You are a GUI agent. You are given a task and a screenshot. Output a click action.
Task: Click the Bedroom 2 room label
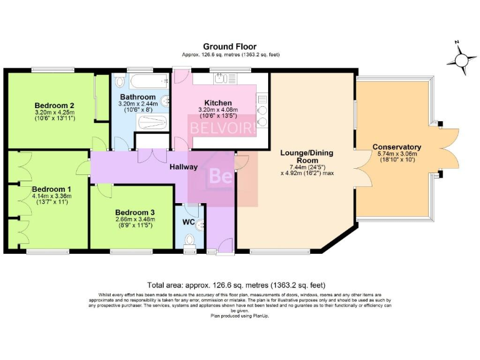(55, 105)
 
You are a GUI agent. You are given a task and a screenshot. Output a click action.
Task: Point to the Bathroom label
(138, 97)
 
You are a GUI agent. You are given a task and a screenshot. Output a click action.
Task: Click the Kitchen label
(218, 102)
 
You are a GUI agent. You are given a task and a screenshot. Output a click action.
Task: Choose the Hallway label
(184, 167)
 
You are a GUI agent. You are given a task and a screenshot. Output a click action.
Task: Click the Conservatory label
(397, 147)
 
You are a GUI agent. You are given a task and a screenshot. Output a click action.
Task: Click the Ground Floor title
(229, 47)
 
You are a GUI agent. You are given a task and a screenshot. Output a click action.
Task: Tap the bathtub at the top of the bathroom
(142, 81)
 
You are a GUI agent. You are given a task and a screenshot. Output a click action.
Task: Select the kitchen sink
(221, 79)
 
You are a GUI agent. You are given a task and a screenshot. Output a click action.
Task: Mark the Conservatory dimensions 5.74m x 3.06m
(397, 154)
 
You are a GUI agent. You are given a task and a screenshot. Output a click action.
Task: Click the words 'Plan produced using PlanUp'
(239, 316)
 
